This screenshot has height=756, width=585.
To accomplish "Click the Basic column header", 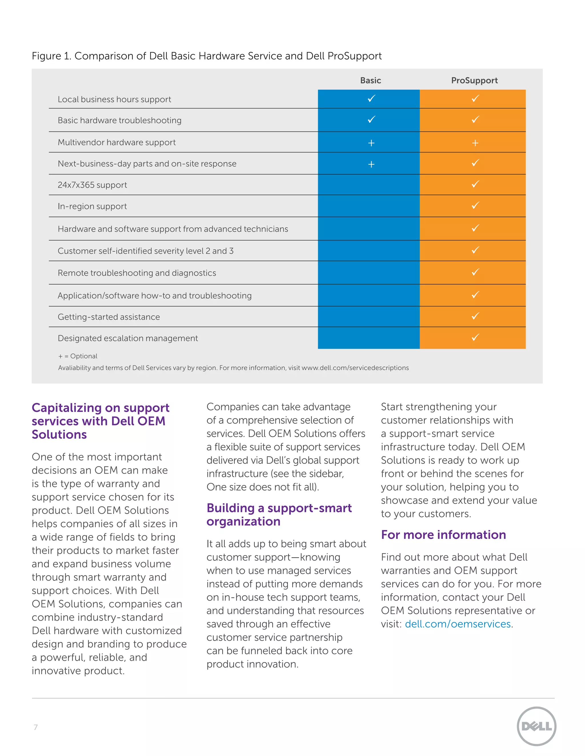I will coord(370,80).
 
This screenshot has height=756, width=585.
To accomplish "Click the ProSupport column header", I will coord(474,80).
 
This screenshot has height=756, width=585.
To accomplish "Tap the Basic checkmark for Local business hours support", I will coord(371,99).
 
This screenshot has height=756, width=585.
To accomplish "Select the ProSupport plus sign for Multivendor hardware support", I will coord(475,143).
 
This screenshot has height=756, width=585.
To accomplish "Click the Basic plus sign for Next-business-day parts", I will coord(371,164).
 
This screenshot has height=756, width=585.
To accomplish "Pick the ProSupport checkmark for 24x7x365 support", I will coord(475,184).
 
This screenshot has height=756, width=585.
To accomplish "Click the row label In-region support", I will coord(92,206).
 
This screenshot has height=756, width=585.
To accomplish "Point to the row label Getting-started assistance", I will coord(109,317).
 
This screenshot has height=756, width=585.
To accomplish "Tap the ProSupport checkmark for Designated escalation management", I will coord(475,337).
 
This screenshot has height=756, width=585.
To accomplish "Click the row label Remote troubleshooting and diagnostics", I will coord(137,273).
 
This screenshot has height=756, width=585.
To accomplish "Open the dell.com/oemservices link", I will coord(458,624).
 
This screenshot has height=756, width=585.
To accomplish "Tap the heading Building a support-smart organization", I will coord(279,515).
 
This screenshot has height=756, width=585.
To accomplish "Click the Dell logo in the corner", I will coord(536,726).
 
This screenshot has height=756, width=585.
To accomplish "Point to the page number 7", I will coord(36,727).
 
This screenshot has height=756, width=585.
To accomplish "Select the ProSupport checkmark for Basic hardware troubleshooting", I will coord(475,120).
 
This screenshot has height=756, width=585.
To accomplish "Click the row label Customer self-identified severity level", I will coord(146,251).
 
